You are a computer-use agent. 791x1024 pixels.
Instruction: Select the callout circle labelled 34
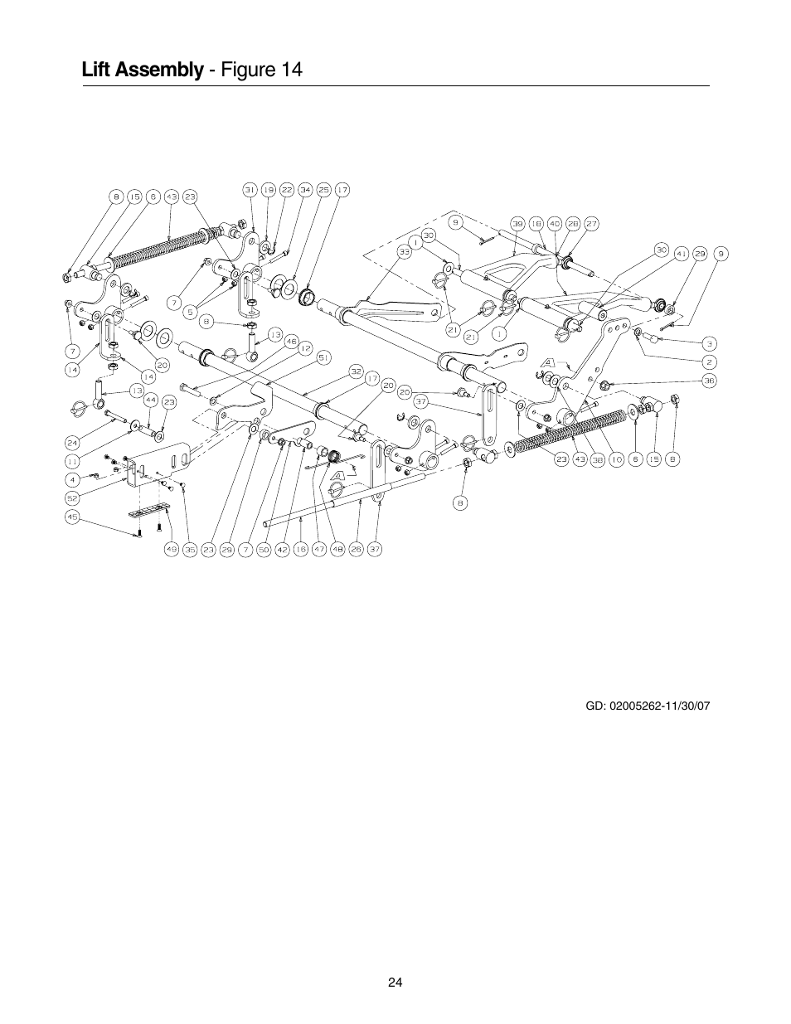tap(304, 190)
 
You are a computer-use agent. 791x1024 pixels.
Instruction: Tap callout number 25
tap(323, 190)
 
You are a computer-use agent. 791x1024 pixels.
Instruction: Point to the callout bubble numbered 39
tap(517, 223)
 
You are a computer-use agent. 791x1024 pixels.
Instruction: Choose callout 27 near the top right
tap(592, 223)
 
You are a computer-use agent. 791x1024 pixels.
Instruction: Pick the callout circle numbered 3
tap(710, 342)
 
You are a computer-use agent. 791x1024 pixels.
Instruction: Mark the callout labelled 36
tap(709, 381)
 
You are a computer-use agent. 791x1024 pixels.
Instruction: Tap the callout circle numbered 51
tap(322, 357)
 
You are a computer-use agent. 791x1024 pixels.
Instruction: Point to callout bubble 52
tap(72, 497)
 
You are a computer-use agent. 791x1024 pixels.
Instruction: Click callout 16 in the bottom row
tap(300, 548)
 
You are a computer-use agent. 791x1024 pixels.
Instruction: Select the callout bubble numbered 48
tap(337, 548)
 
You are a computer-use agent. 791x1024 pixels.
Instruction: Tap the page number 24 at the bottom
tap(395, 982)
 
